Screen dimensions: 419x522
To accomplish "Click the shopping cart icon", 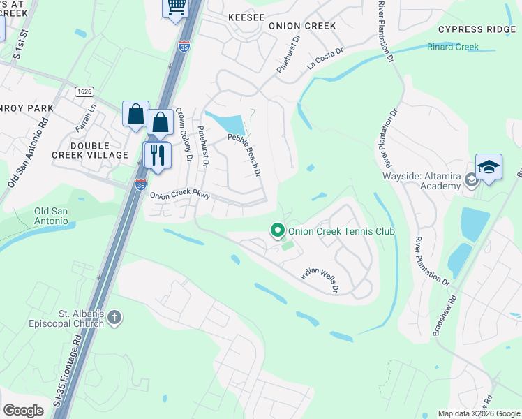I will point(177,7).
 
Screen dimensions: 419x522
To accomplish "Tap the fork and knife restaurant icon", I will point(157,154).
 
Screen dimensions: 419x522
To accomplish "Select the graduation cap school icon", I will point(489,168).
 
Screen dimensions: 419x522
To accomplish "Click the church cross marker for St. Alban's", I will point(114,319).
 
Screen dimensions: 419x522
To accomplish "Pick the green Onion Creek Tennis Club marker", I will point(277,230).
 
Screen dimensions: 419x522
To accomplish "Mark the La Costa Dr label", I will point(326,59).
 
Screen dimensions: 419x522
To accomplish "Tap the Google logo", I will point(23,410).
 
